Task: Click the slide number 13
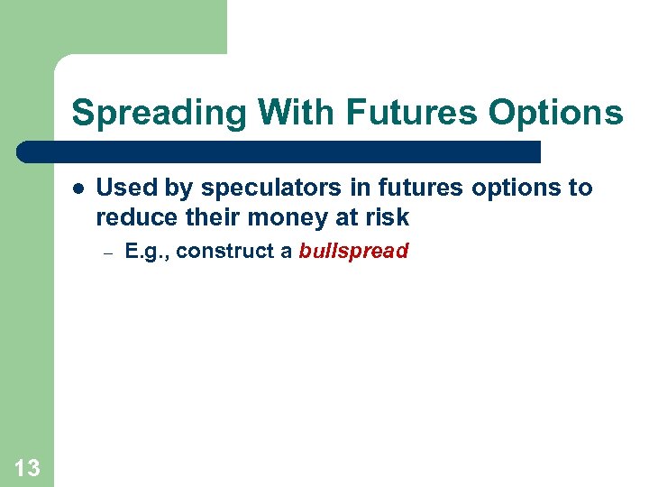tap(27, 467)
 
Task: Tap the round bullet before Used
tap(78, 188)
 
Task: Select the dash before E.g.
tap(105, 253)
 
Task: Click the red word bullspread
tap(353, 252)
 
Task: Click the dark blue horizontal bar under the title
tap(279, 152)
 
